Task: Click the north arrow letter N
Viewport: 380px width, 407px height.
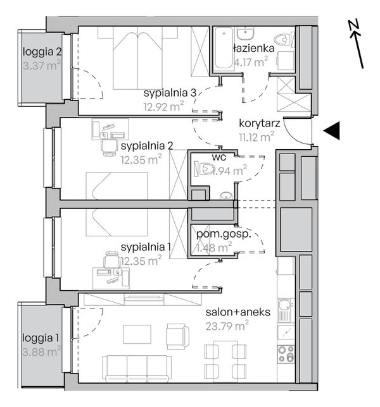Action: pyautogui.click(x=353, y=25)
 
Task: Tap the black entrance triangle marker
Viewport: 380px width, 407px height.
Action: pyautogui.click(x=332, y=131)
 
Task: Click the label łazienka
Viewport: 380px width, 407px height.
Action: pyautogui.click(x=253, y=47)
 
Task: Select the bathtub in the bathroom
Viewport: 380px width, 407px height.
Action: pyautogui.click(x=222, y=49)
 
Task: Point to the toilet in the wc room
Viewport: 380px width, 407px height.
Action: pyautogui.click(x=207, y=169)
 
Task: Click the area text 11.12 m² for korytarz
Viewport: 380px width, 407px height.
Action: pyautogui.click(x=256, y=134)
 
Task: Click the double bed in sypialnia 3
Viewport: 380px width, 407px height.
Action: pyautogui.click(x=137, y=59)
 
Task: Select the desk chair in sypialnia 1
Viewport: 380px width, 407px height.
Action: pyautogui.click(x=111, y=260)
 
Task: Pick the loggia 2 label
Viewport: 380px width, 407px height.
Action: pyautogui.click(x=42, y=52)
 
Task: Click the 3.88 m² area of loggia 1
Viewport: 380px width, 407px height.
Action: pyautogui.click(x=41, y=349)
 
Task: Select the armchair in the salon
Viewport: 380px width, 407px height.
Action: pyautogui.click(x=177, y=336)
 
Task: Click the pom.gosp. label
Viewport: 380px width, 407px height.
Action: pyautogui.click(x=220, y=234)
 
